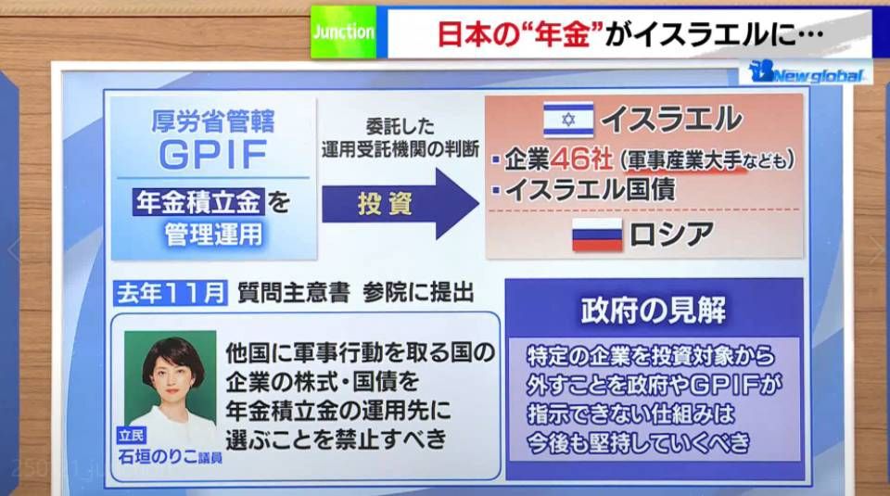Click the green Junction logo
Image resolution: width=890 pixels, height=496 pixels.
[x=343, y=32]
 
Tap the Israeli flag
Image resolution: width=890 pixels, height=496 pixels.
[x=568, y=120]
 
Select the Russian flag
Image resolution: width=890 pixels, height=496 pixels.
[x=596, y=235]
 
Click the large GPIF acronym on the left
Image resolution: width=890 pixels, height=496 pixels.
[x=213, y=154]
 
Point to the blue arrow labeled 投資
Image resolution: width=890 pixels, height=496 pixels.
[x=400, y=204]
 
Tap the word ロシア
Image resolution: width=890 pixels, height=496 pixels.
[x=671, y=235]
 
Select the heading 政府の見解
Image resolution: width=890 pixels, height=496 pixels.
[x=654, y=311]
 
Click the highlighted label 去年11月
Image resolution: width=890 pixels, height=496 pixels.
[x=171, y=293]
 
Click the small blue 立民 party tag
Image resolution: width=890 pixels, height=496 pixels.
[x=132, y=436]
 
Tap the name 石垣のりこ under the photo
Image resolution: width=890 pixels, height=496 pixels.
[x=158, y=456]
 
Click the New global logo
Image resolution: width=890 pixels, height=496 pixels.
[x=806, y=72]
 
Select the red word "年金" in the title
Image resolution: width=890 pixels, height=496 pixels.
[x=563, y=34]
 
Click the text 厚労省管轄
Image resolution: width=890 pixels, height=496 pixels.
[x=213, y=121]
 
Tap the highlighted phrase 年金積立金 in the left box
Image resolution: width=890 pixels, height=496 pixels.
[x=198, y=202]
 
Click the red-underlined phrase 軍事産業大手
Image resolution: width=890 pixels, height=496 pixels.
[x=684, y=161]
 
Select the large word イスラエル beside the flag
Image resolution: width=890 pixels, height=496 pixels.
[x=671, y=120]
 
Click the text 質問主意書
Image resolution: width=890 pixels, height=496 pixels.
[x=293, y=293]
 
